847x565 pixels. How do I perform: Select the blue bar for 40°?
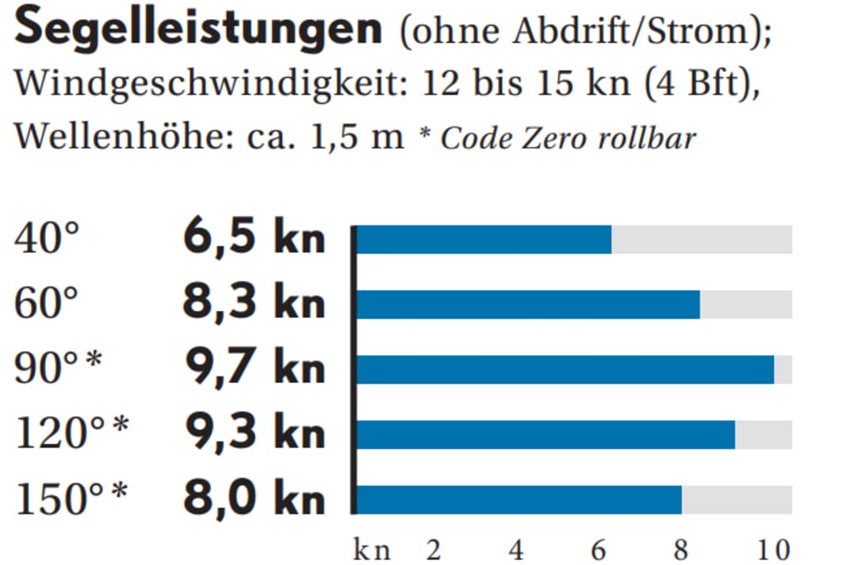coord(485,240)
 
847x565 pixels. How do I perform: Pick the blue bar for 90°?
coord(565,370)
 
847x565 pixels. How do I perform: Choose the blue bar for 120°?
coord(546,435)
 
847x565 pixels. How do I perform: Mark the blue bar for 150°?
coord(519,500)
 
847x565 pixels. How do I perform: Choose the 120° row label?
coord(71,434)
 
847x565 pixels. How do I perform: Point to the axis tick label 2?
coord(433,549)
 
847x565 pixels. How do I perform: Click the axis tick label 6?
coord(598,549)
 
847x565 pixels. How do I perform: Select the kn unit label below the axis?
coord(371,550)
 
